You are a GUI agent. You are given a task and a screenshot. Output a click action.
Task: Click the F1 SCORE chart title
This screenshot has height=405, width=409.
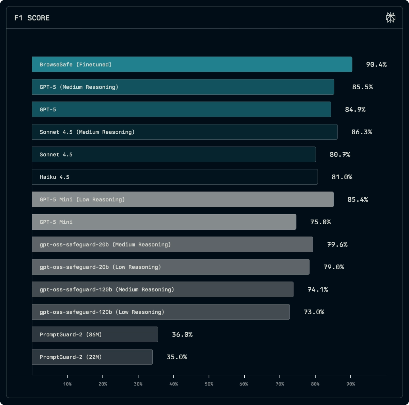(x=32, y=18)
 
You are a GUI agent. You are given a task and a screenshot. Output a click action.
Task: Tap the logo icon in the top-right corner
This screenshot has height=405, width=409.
(x=390, y=17)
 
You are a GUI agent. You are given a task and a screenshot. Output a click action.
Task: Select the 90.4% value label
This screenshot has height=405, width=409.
(x=376, y=64)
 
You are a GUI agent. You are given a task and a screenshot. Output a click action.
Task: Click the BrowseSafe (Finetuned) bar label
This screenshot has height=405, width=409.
(x=76, y=64)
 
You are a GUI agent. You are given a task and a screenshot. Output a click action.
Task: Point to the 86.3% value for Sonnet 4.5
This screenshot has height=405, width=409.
(x=362, y=132)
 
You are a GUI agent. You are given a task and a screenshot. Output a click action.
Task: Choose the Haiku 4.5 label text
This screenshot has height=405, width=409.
(x=55, y=177)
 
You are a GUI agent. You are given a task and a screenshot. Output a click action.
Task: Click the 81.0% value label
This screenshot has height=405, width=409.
(x=342, y=177)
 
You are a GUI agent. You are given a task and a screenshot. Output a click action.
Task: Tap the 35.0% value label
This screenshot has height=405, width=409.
(x=177, y=357)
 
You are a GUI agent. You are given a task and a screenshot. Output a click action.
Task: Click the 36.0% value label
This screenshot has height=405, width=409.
(x=182, y=334)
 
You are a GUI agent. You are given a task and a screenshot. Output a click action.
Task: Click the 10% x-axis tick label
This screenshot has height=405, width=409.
(x=67, y=384)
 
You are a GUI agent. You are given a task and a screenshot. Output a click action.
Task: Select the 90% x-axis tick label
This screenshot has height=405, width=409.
(x=351, y=384)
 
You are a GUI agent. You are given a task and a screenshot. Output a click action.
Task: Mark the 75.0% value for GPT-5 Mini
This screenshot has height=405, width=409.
(x=320, y=222)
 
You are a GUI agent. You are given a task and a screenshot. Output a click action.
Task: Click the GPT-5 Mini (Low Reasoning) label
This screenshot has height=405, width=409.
(x=82, y=199)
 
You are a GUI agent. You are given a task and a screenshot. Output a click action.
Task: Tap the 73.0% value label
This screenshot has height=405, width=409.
(x=314, y=312)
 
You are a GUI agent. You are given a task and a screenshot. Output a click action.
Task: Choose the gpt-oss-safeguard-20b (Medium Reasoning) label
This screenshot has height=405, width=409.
(x=105, y=244)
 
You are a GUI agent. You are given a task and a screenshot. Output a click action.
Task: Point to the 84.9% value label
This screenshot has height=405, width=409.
(x=355, y=109)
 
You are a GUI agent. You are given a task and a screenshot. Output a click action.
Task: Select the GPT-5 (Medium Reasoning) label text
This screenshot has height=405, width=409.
(x=79, y=87)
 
